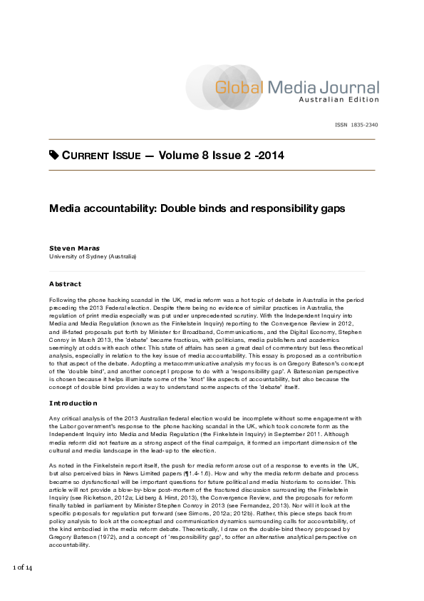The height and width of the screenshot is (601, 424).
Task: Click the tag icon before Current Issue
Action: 54,155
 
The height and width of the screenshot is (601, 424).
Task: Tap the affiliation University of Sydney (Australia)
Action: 93,256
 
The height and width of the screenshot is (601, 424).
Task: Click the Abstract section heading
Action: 65,283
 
